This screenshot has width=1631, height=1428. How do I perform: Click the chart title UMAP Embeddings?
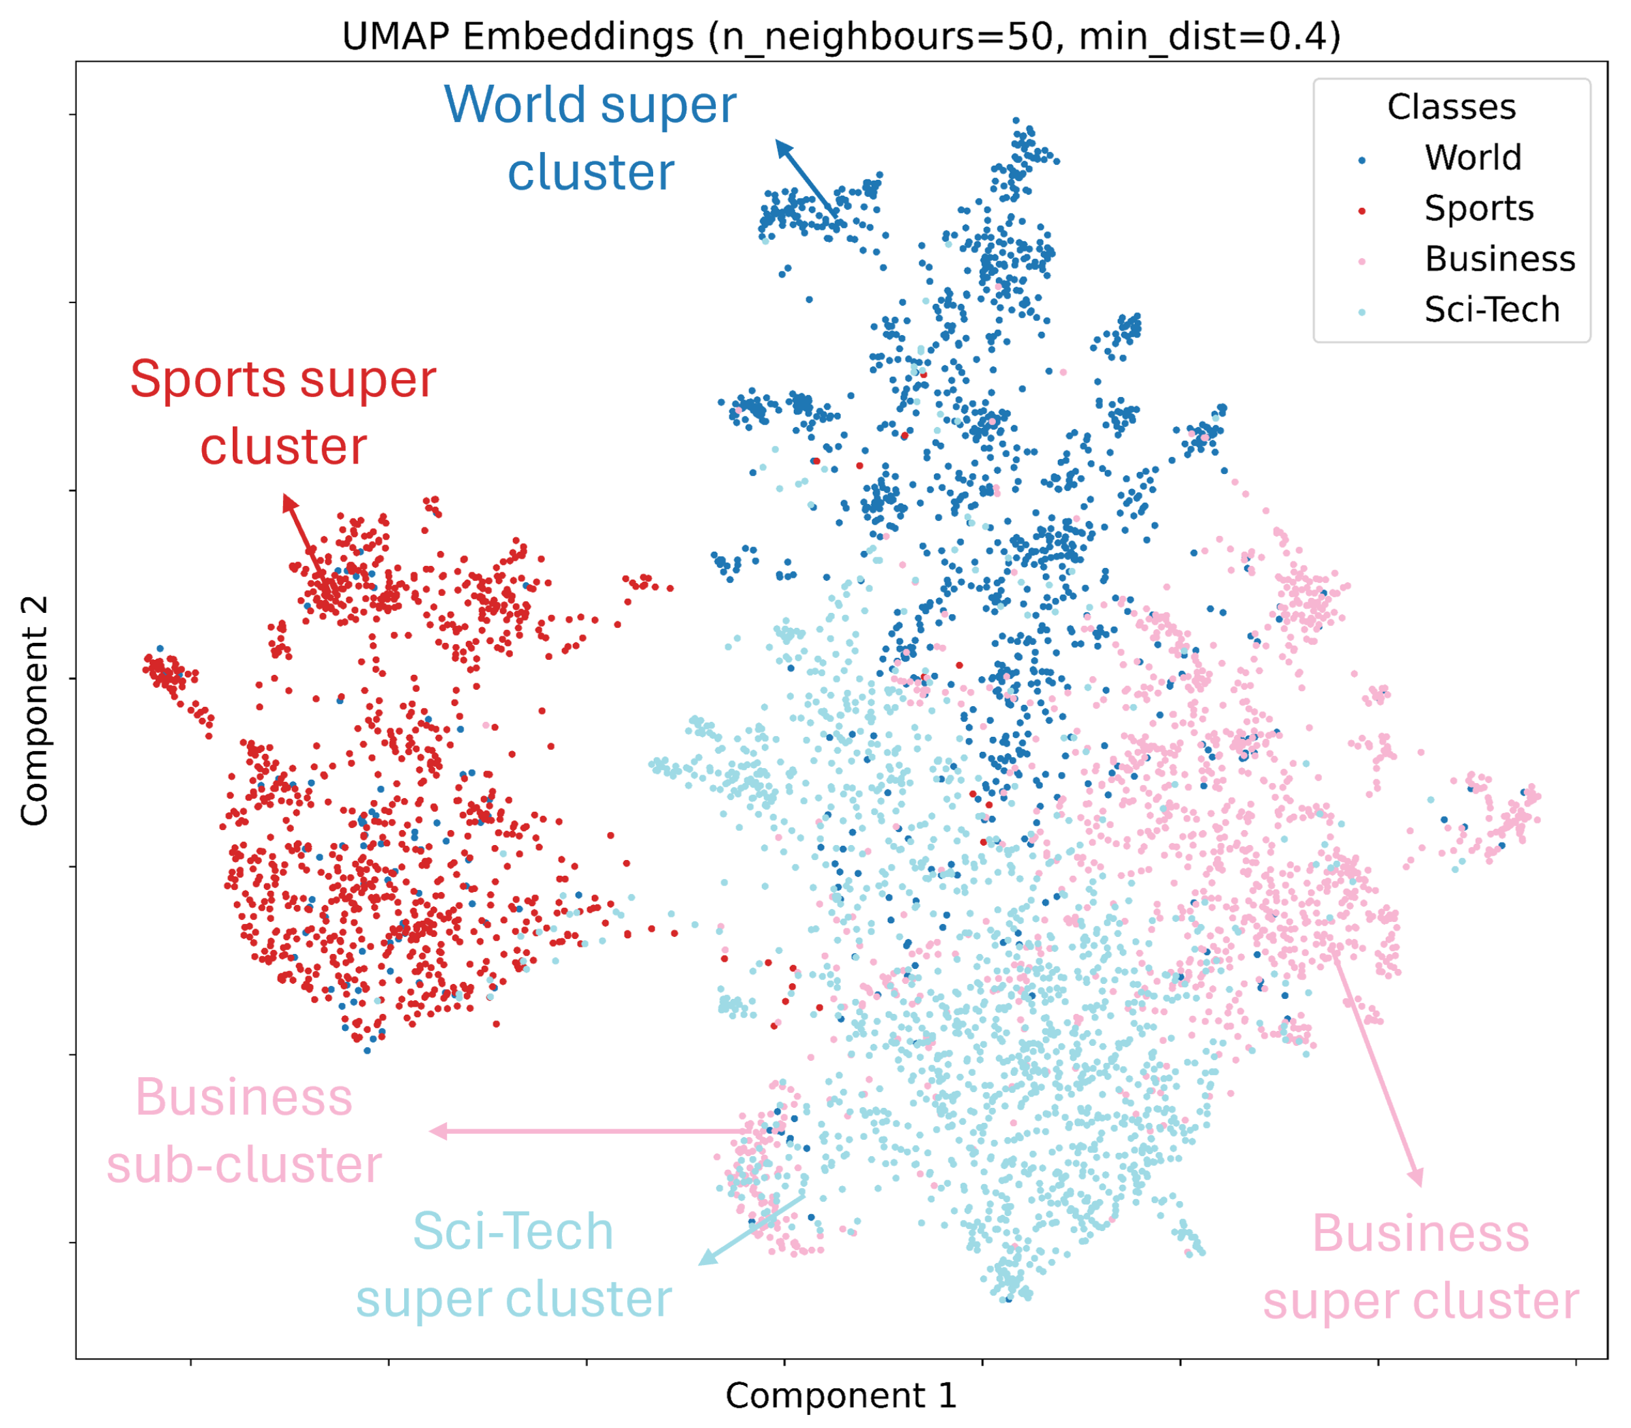point(842,37)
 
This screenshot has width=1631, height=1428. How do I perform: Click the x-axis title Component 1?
point(841,1395)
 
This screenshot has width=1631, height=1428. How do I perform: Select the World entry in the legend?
point(1473,158)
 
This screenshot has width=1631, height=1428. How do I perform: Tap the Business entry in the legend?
point(1499,259)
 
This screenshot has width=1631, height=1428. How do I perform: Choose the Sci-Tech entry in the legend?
point(1491,309)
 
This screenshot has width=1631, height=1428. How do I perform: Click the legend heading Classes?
point(1451,107)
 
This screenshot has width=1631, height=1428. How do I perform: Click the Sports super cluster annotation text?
point(283,411)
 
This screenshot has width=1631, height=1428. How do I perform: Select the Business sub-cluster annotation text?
point(244,1131)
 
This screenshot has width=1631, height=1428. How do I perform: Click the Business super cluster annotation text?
point(1420,1267)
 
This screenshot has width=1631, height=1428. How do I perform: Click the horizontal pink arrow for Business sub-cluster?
point(589,1131)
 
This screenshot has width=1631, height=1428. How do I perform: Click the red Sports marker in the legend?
point(1362,211)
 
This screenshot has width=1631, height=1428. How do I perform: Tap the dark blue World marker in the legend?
point(1362,160)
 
